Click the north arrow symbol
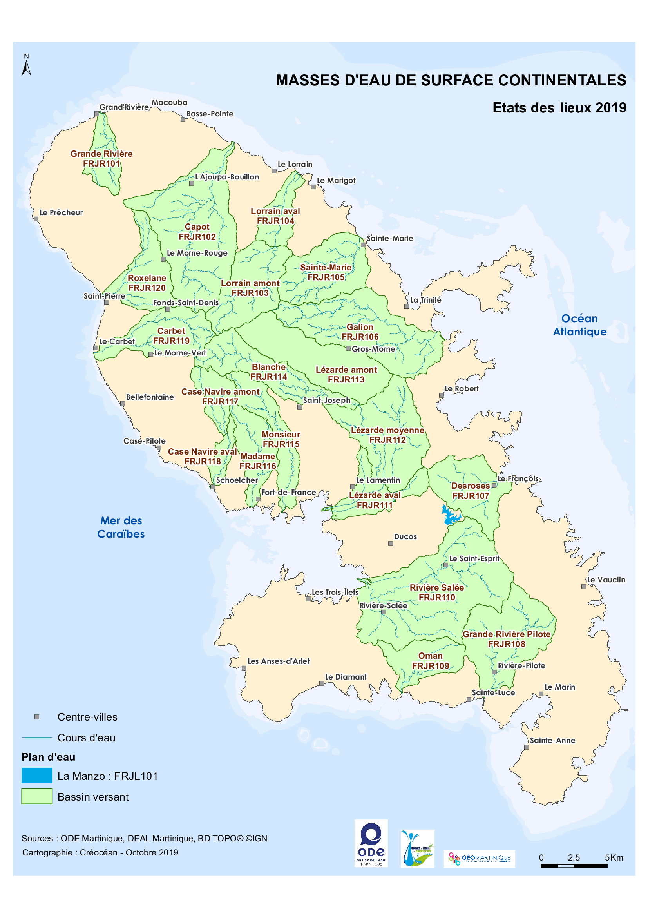pyautogui.click(x=26, y=66)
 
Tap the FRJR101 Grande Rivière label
pyautogui.click(x=101, y=159)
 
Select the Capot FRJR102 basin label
pyautogui.click(x=197, y=232)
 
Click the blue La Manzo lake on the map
pyautogui.click(x=451, y=516)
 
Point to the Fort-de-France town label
pyautogui.click(x=288, y=493)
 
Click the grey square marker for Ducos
pyautogui.click(x=390, y=543)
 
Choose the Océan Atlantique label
pyautogui.click(x=579, y=325)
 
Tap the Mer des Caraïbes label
pyautogui.click(x=121, y=527)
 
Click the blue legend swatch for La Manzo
pyautogui.click(x=37, y=776)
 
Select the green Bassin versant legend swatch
pyautogui.click(x=37, y=796)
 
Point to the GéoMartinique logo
pyautogui.click(x=479, y=858)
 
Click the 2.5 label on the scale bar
pyautogui.click(x=573, y=857)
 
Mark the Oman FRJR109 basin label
pyautogui.click(x=431, y=661)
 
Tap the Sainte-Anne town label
pyautogui.click(x=552, y=740)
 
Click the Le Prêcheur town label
pyautogui.click(x=61, y=212)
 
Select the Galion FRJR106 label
pyautogui.click(x=360, y=332)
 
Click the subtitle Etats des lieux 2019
pyautogui.click(x=559, y=108)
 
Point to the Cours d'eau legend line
pyautogui.click(x=37, y=737)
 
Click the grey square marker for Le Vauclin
pyautogui.click(x=583, y=587)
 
